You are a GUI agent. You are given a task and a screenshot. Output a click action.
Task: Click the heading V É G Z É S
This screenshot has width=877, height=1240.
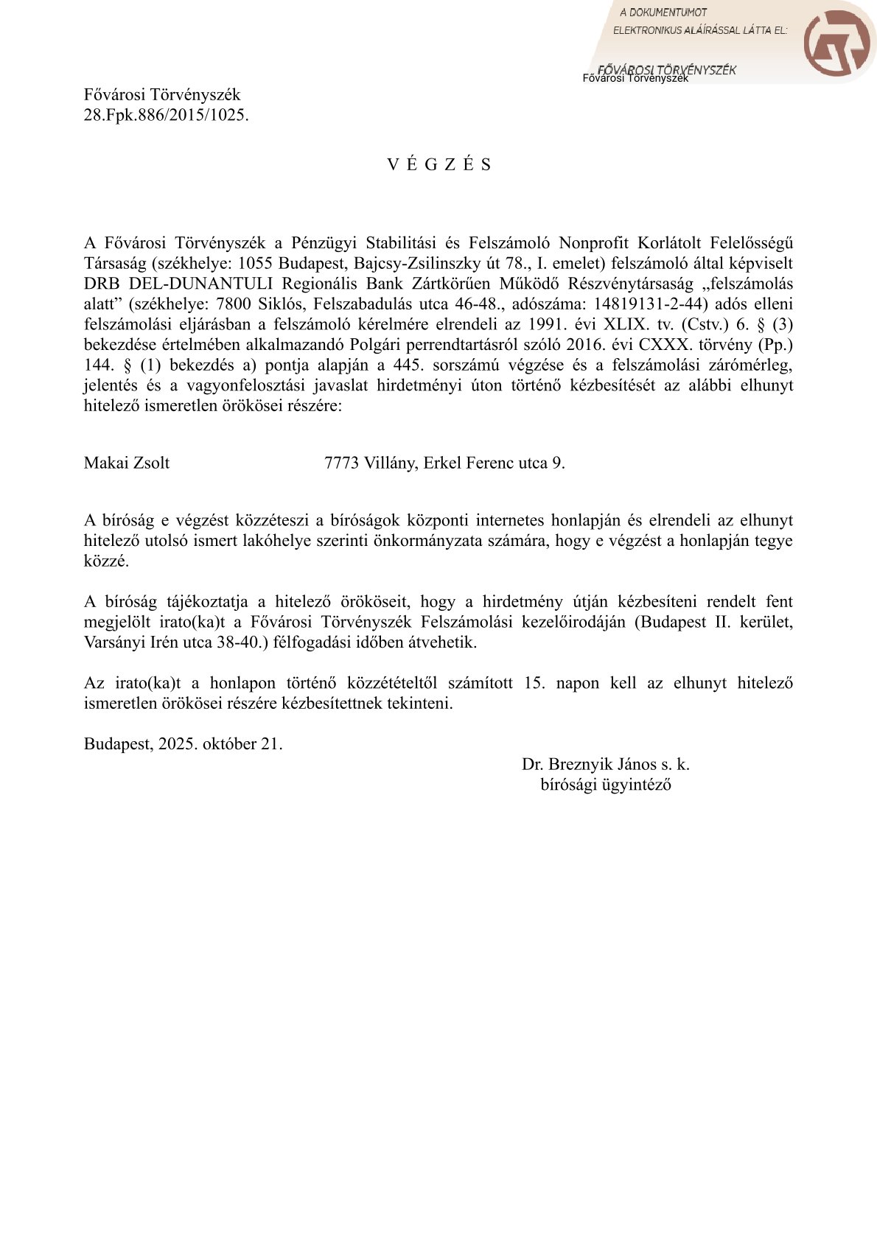pos(439,164)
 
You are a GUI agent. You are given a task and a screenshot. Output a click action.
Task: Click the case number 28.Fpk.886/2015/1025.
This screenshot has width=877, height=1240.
pos(166,115)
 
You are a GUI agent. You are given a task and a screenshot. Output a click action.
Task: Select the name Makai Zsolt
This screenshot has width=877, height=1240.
pos(127,463)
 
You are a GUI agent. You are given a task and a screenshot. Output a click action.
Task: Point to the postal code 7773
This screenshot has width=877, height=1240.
pos(341,463)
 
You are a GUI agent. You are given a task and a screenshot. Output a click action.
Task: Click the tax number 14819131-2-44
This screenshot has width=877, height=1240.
pos(650,304)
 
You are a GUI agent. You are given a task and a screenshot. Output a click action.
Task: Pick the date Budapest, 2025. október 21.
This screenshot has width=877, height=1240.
pos(183,743)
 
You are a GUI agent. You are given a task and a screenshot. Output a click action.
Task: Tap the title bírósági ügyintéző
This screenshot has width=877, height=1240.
pos(605,784)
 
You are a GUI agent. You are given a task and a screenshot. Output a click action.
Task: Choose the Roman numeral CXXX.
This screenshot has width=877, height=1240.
pos(657,344)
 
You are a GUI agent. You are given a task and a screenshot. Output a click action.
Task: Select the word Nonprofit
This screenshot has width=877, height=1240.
pos(593,243)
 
